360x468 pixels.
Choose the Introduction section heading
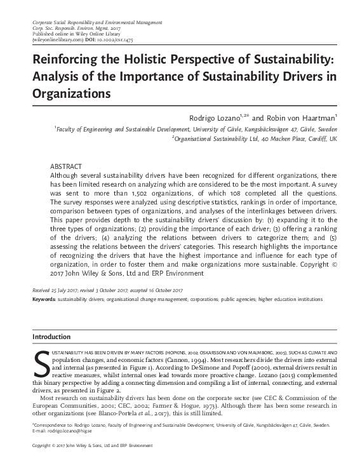tap(52, 336)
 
